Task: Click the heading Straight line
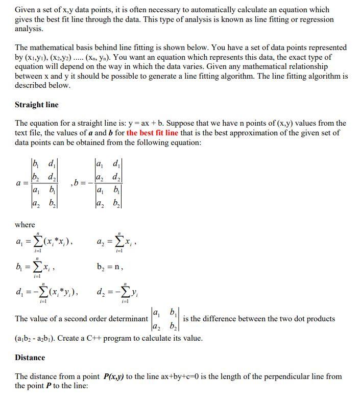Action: pos(37,105)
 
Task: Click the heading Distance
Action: pos(30,358)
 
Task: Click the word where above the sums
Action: pos(25,225)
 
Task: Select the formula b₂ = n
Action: pos(110,266)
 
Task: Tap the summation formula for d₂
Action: pos(113,292)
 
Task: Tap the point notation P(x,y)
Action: pos(118,376)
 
